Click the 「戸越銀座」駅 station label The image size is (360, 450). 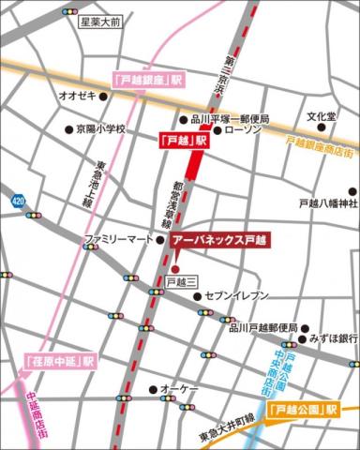(145, 81)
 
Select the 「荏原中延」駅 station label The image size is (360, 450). (59, 360)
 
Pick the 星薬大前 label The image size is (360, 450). (100, 21)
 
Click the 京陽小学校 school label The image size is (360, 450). (99, 128)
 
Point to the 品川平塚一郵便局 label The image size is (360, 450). (230, 119)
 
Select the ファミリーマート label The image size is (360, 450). (118, 239)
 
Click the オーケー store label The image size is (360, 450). (177, 388)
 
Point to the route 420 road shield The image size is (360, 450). (19, 200)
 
